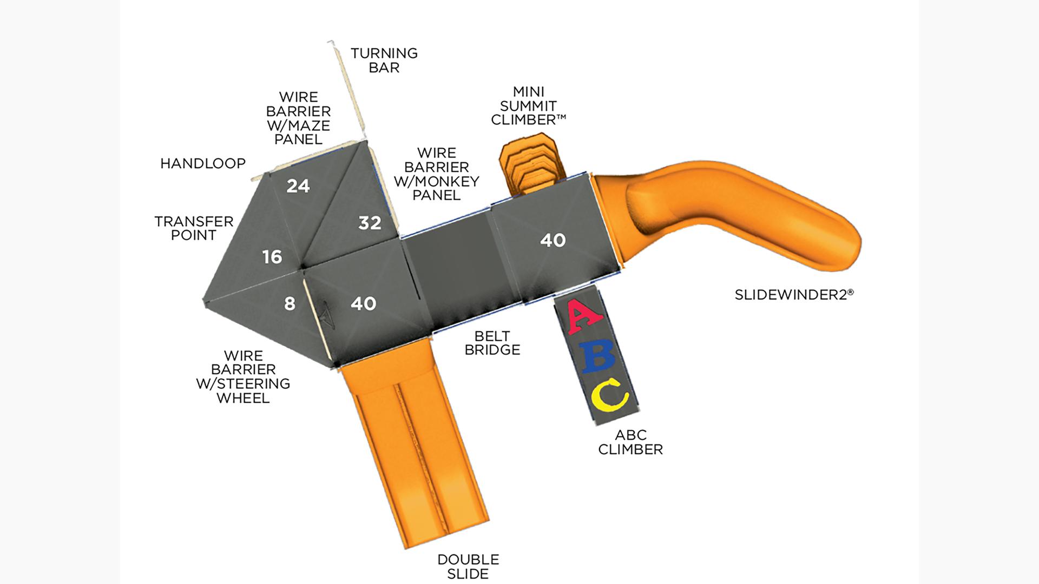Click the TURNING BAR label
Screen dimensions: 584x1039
click(x=384, y=61)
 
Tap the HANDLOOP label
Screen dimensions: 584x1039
click(x=203, y=163)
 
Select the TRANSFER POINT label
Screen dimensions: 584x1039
click(x=194, y=228)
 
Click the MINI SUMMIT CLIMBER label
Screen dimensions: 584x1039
click(x=528, y=106)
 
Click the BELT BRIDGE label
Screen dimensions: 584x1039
click(x=492, y=343)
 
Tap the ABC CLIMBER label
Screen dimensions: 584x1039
click(x=630, y=442)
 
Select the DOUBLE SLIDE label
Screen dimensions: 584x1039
click(x=468, y=566)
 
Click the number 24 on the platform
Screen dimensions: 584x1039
click(x=298, y=187)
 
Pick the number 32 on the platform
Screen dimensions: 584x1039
click(x=370, y=223)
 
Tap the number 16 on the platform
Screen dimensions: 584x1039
click(x=272, y=257)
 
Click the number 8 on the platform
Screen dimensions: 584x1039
click(x=290, y=304)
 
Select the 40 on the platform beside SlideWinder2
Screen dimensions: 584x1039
click(x=553, y=241)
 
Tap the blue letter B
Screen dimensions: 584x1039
click(x=597, y=357)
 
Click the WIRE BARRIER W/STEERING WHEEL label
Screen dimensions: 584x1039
click(x=243, y=377)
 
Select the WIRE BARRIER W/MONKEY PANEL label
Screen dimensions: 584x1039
click(x=436, y=174)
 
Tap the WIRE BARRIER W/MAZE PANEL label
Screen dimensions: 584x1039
click(x=298, y=118)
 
